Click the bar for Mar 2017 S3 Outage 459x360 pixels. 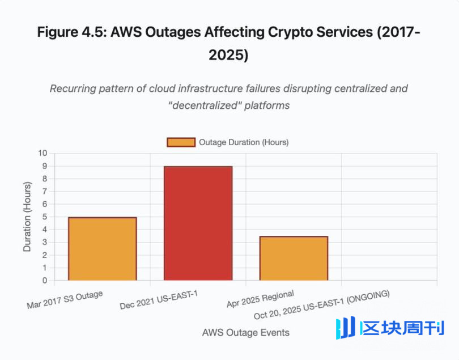tap(102, 249)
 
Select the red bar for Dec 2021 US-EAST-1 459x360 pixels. tap(198, 223)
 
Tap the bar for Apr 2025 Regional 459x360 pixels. tap(294, 259)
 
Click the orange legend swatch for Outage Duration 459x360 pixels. tap(181, 142)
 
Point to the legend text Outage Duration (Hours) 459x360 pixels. tap(244, 142)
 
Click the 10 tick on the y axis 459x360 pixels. tap(43, 153)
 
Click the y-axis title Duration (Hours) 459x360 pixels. tap(27, 217)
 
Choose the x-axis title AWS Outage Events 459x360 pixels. tap(245, 333)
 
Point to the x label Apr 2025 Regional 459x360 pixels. tap(260, 299)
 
